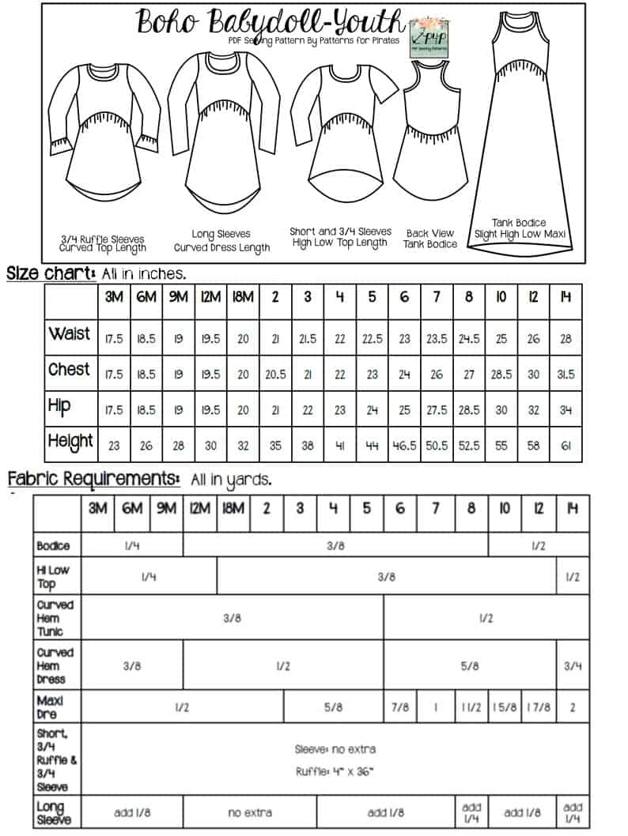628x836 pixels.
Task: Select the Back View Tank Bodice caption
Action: (430, 239)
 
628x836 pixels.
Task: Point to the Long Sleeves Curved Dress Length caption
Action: (221, 240)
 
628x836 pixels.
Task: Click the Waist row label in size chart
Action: (70, 333)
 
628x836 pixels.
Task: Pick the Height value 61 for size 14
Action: (566, 445)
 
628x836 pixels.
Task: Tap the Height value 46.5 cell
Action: (405, 445)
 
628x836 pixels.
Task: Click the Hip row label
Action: (59, 406)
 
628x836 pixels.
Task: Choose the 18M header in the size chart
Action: (243, 298)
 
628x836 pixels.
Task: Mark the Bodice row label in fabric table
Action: (53, 545)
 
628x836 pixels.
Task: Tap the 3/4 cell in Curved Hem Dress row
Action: (573, 666)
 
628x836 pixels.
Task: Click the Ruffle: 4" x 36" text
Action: (335, 771)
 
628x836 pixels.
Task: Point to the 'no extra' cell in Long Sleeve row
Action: (250, 812)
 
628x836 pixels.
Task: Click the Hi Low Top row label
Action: (53, 577)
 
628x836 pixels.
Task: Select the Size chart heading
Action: (51, 273)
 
